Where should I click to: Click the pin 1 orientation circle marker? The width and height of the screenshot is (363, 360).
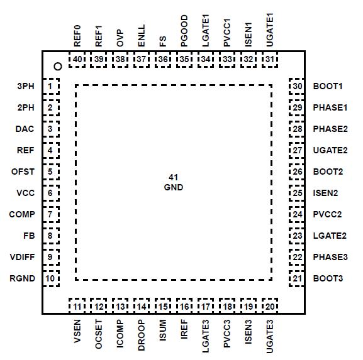point(57,66)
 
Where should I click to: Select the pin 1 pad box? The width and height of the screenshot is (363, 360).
point(50,86)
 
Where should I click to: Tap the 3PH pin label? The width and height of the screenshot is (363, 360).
point(25,86)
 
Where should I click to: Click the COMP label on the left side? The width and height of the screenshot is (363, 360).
point(21,214)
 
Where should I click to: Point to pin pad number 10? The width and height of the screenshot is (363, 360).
point(50,278)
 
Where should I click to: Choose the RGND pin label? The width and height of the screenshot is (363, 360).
point(22,278)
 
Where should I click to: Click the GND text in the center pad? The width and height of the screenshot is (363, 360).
point(174,187)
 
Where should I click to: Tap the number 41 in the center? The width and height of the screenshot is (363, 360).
point(174,178)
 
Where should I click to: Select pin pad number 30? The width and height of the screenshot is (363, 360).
point(297,86)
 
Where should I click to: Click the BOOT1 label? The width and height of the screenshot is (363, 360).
point(328,86)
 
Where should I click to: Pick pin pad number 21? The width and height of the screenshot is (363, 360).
point(297,278)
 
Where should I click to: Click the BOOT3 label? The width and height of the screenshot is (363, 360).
point(328,278)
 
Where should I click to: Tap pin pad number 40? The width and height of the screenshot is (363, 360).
point(77,59)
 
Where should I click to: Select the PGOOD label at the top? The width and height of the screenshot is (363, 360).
point(184,31)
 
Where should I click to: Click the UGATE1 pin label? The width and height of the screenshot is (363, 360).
point(270,29)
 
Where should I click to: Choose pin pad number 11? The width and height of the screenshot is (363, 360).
point(77,307)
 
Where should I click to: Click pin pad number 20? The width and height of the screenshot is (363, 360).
point(270,307)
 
